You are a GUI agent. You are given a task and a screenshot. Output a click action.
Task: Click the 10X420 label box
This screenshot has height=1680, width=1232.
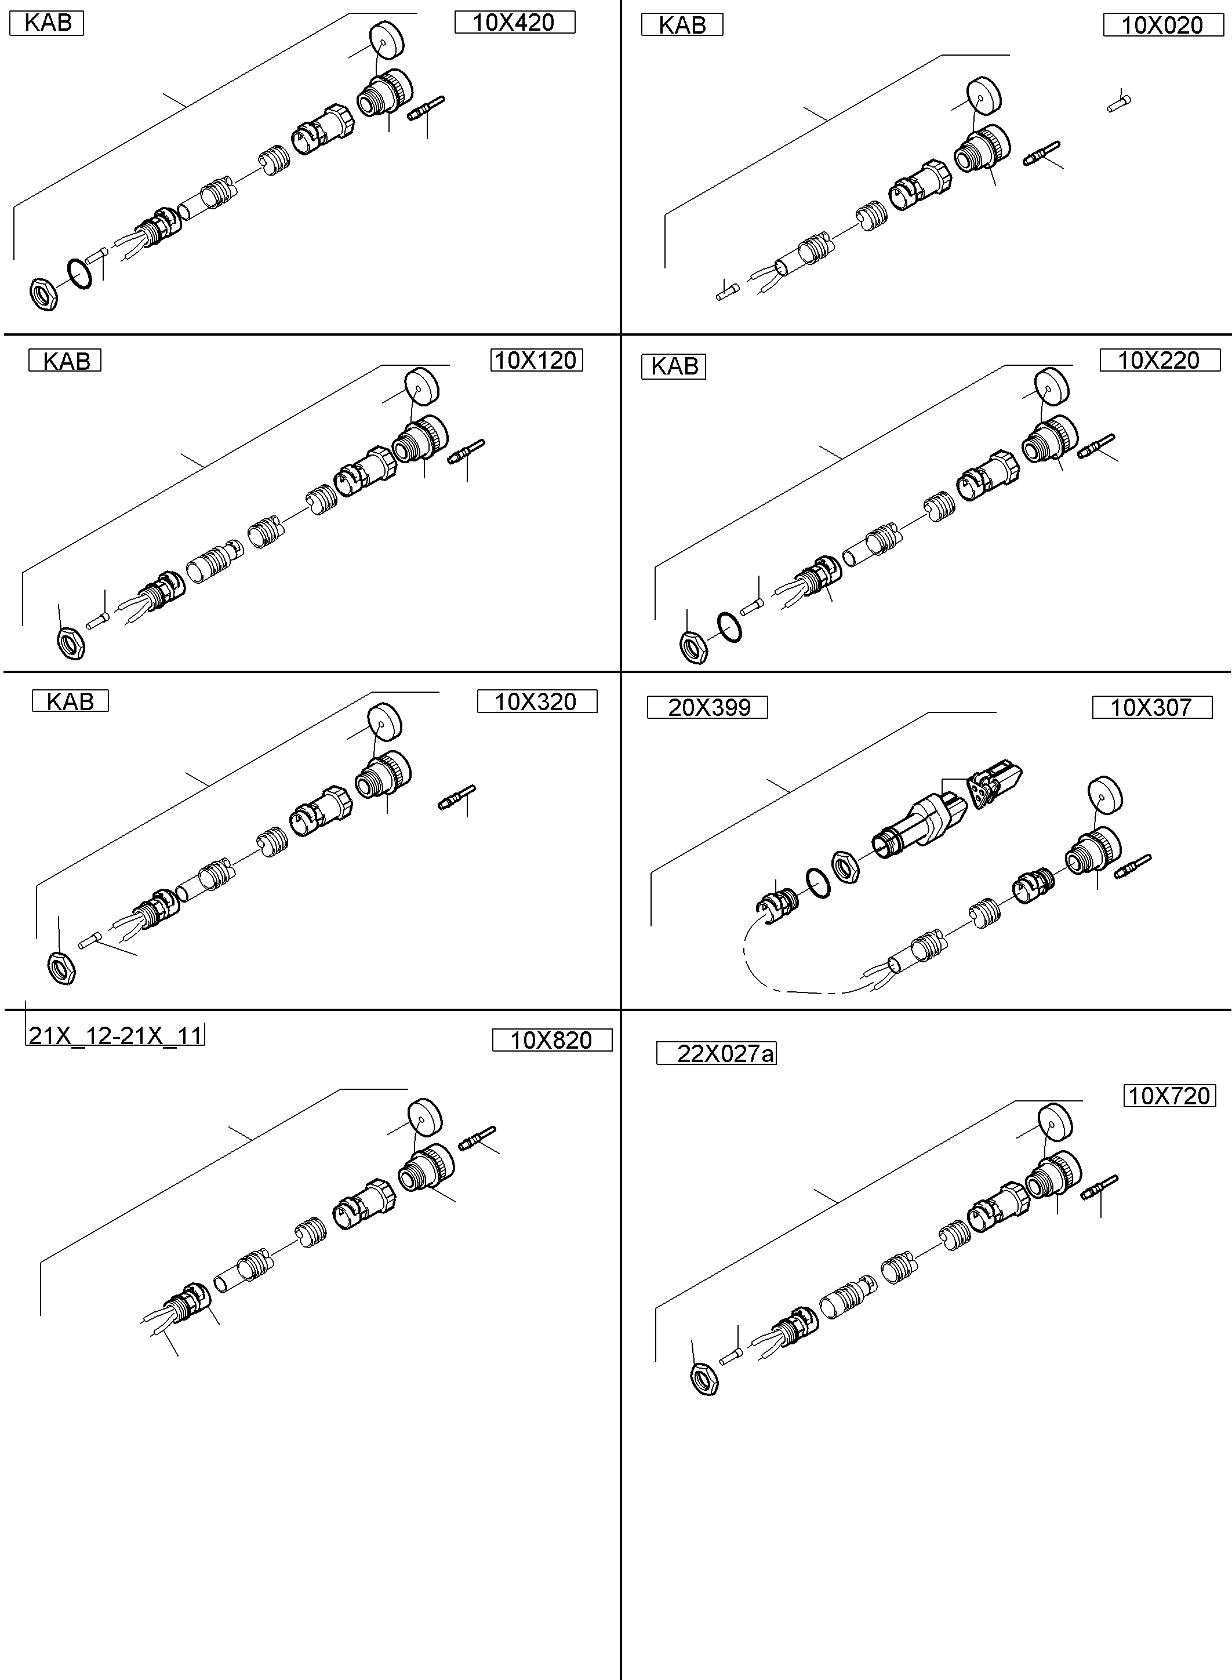pos(515,23)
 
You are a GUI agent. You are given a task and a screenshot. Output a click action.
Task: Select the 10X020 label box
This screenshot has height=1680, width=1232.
pos(1162,26)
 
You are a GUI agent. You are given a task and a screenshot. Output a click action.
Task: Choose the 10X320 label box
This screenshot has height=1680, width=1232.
pos(536,701)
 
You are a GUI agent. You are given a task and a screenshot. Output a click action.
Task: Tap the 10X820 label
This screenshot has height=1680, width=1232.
pos(552,1040)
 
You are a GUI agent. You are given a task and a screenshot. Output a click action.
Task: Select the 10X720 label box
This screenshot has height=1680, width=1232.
pos(1169,1096)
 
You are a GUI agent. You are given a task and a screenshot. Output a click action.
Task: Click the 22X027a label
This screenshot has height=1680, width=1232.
pos(716,1054)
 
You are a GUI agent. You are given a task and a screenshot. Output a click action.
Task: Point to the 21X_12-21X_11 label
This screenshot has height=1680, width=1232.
pos(115,1035)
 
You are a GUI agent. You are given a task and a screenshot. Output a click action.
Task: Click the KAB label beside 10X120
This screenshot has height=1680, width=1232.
pos(65,361)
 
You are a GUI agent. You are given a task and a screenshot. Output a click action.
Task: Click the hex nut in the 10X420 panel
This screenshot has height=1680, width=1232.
pos(44,293)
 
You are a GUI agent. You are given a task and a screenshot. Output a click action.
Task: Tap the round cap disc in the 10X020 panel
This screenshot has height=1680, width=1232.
pos(984,94)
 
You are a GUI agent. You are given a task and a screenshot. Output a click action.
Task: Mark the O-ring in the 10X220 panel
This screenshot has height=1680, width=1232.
pos(729,627)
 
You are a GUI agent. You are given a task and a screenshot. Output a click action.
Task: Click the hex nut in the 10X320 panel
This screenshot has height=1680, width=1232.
pos(61,968)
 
